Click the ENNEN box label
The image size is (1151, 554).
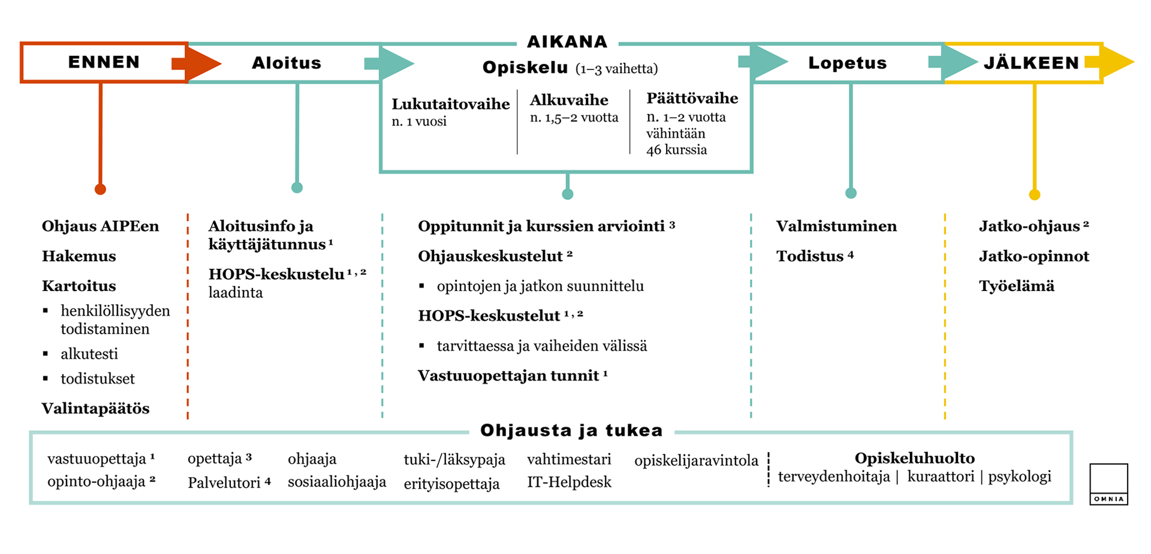(x=104, y=62)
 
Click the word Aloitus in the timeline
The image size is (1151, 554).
(x=286, y=63)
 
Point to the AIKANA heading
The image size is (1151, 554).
(x=567, y=42)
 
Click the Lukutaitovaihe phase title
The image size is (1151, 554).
(x=450, y=104)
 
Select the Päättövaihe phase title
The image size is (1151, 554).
(x=692, y=98)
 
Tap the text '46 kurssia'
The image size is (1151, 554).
(x=676, y=150)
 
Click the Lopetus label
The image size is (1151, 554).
(x=847, y=63)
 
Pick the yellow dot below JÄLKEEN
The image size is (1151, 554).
(x=1034, y=195)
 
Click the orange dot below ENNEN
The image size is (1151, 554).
(x=100, y=189)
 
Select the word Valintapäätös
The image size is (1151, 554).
(x=96, y=408)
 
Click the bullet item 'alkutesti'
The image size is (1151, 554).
(x=89, y=354)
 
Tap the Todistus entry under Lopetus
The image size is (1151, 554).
(x=810, y=256)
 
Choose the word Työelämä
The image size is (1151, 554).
(x=1016, y=286)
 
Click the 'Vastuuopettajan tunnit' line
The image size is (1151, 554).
(x=508, y=376)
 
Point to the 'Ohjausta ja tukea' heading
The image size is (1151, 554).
(x=571, y=430)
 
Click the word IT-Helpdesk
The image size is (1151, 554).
(x=569, y=482)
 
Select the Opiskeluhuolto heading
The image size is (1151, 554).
(x=914, y=458)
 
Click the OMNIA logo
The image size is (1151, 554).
(x=1108, y=484)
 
